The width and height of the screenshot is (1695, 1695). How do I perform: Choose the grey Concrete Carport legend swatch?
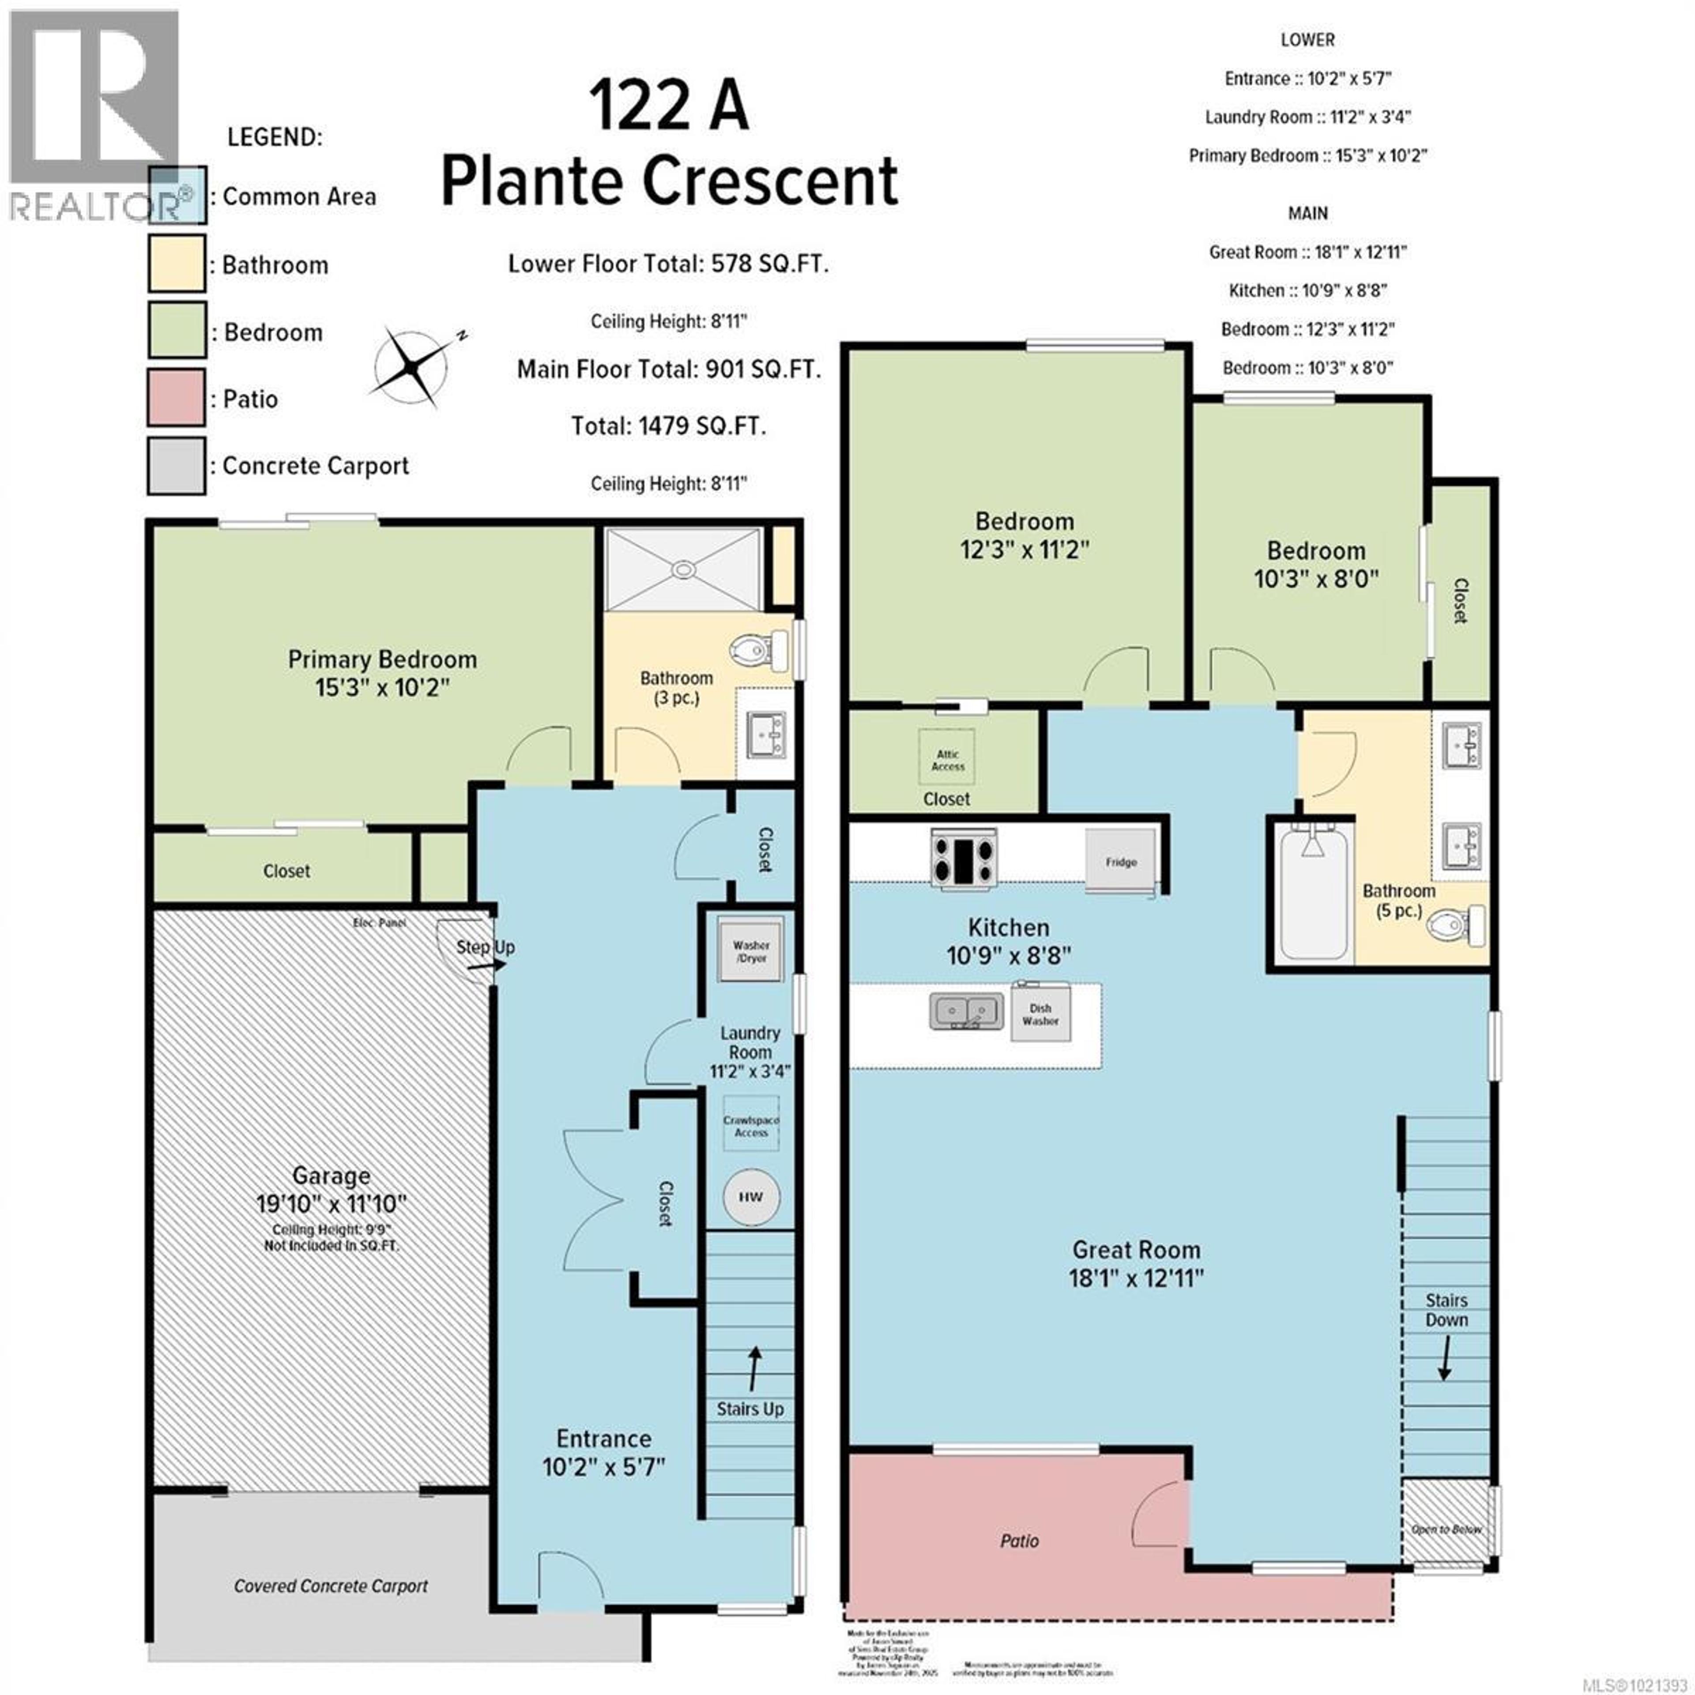(x=177, y=466)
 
